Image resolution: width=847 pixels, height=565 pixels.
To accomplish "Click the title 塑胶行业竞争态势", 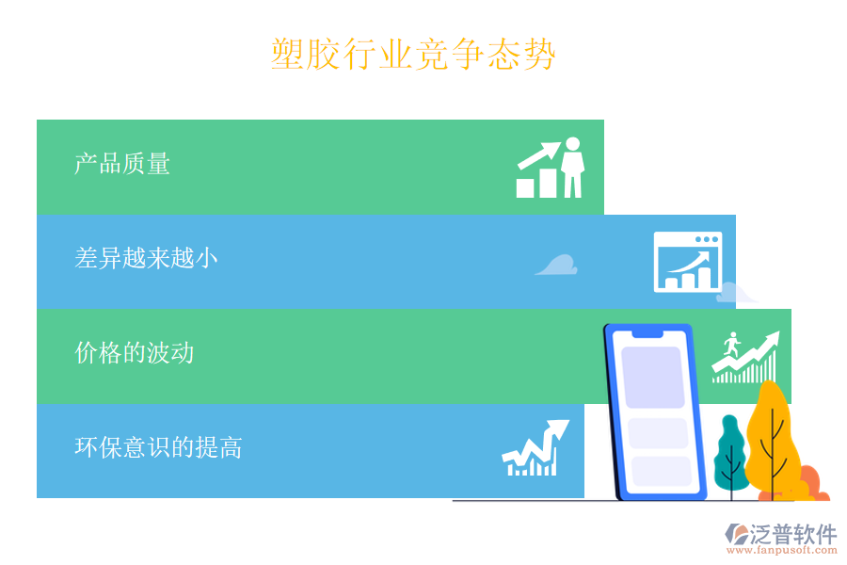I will (x=413, y=55).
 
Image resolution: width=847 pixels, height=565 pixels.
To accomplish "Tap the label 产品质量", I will (x=122, y=164).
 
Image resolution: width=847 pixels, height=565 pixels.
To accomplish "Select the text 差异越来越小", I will (x=146, y=258).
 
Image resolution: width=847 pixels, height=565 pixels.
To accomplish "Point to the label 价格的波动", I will (x=135, y=353).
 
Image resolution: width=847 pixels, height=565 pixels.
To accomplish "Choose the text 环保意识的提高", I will (x=158, y=447).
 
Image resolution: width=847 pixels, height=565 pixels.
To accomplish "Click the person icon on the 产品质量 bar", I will (x=572, y=168).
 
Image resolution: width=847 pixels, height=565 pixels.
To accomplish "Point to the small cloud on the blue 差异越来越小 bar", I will (x=557, y=266).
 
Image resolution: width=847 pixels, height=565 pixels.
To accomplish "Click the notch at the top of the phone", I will (x=647, y=332).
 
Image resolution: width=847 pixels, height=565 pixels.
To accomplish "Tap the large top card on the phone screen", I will (x=652, y=377).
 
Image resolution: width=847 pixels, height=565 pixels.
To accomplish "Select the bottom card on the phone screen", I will (x=661, y=471).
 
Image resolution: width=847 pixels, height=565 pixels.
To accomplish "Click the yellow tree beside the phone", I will (x=773, y=434).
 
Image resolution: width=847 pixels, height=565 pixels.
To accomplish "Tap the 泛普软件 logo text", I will (x=792, y=534).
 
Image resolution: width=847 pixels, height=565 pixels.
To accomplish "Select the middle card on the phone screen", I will (x=658, y=433).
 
